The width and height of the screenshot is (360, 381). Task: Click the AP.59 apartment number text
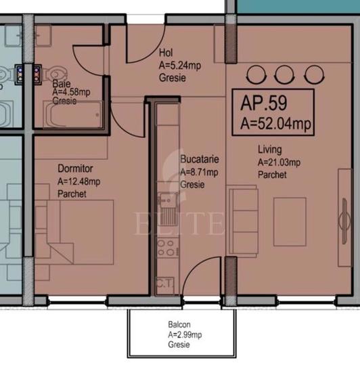coord(264,104)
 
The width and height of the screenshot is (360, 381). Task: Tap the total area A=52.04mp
coord(275,122)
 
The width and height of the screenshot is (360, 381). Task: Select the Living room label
coord(269,150)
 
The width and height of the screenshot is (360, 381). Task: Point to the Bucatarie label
coord(199,159)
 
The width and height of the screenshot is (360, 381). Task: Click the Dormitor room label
coord(75,169)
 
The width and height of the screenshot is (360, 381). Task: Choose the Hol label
coord(166,53)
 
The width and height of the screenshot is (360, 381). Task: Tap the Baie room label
coord(62,84)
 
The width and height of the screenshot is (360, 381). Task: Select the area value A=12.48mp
coord(79,181)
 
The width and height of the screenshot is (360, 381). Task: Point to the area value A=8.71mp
coord(200,172)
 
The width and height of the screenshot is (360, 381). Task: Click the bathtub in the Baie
coord(73,114)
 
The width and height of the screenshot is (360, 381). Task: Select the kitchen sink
coord(167,202)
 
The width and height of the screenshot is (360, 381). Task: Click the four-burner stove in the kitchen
coord(166,248)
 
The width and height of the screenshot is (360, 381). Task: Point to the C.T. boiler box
coord(164,284)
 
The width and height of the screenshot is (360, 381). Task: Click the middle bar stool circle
coord(283,74)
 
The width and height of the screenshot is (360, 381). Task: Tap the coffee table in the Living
coord(290,221)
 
